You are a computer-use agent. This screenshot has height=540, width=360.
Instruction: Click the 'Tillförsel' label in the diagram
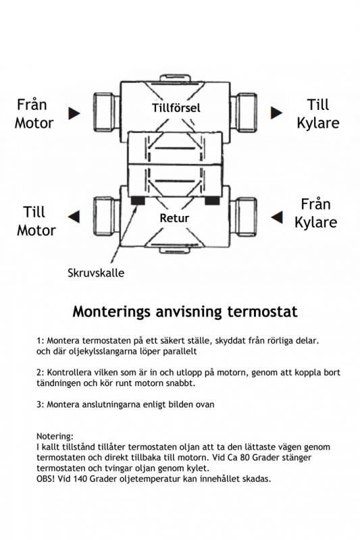tap(176, 108)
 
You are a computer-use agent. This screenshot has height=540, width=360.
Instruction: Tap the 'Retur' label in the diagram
tap(174, 218)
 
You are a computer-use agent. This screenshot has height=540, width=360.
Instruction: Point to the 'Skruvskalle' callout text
tap(96, 273)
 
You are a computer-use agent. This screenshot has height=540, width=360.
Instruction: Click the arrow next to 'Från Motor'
tap(74, 113)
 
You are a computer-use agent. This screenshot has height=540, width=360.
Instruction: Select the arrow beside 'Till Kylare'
tap(276, 113)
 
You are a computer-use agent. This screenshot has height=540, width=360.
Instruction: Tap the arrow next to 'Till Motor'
tap(74, 217)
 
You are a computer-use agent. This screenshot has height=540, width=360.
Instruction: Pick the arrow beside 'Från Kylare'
tap(277, 217)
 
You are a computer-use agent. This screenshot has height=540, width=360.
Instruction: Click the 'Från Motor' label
tap(34, 113)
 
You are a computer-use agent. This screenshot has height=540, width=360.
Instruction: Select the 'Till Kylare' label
tap(318, 113)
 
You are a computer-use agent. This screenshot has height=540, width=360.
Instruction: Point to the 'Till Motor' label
tap(36, 221)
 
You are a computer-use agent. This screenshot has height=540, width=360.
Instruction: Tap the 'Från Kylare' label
tap(315, 213)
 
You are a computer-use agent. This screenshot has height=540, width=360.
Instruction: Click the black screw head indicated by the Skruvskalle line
tap(138, 200)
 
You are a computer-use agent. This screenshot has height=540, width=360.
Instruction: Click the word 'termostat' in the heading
tap(262, 312)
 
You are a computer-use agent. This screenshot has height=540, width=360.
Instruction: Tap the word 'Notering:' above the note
tap(55, 436)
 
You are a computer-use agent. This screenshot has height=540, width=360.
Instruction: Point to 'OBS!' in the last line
tap(45, 479)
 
